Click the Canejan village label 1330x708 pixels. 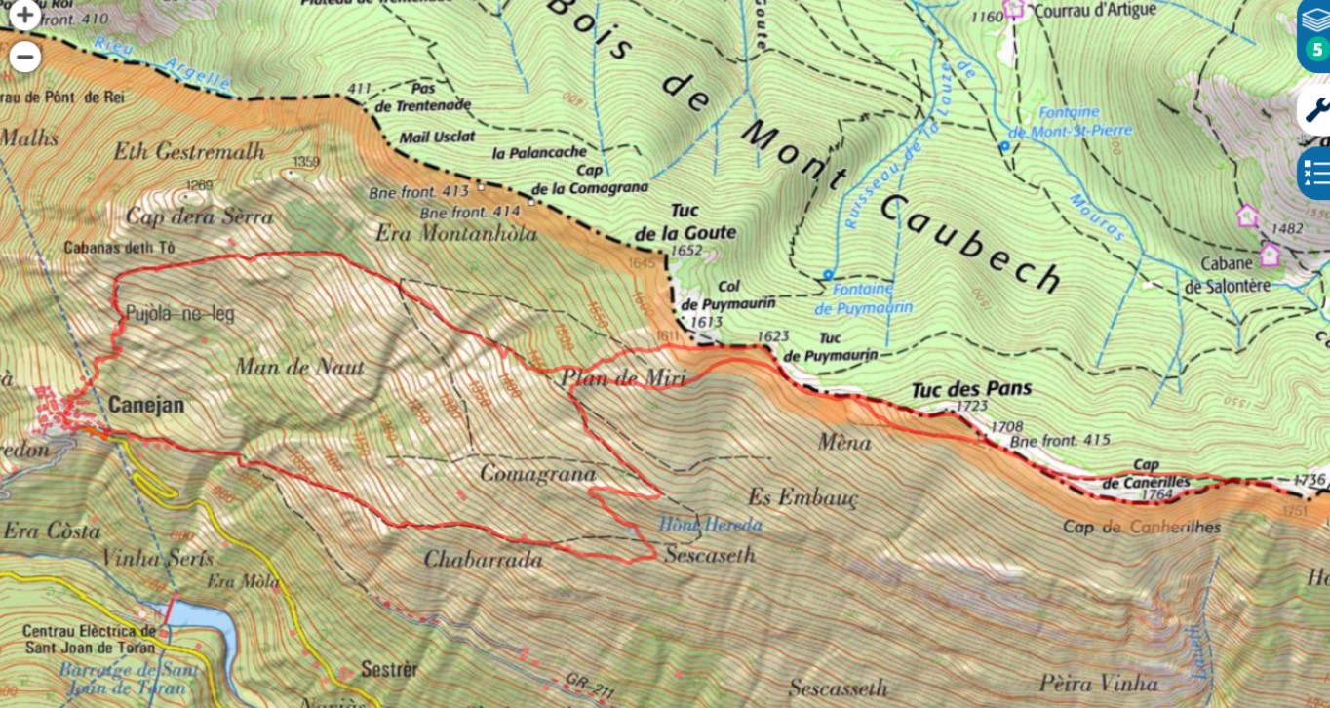pos(146,404)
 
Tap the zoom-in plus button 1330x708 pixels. pos(24,16)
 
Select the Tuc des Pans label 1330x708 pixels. pos(970,389)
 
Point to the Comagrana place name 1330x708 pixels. pos(537,473)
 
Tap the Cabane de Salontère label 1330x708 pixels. pos(1227,274)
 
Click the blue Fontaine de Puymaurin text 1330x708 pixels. pos(863,298)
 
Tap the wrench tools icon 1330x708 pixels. pos(1315,109)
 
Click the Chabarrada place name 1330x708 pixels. pos(483,559)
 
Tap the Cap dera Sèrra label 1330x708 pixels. pos(199,216)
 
